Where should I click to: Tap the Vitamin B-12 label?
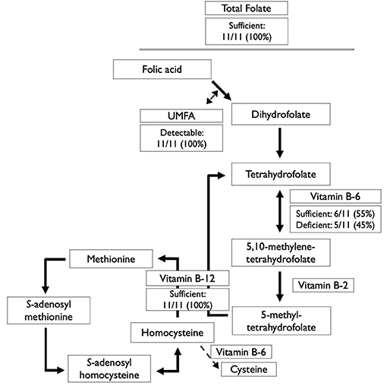186,279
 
